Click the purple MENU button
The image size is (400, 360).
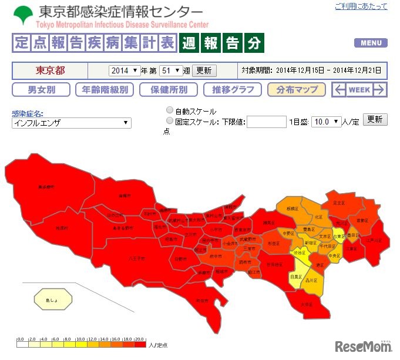point(371,43)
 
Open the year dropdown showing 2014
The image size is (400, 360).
point(124,70)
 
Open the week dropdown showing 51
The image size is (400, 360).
point(172,70)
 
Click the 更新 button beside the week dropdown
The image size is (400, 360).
point(204,70)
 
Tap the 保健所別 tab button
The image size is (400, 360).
point(169,90)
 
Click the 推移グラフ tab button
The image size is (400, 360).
point(233,90)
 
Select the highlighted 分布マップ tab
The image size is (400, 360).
point(296,90)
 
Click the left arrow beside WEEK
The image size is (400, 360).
point(340,90)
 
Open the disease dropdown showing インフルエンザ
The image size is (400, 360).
point(71,123)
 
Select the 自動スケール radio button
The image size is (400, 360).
point(170,110)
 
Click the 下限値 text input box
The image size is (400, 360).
point(266,122)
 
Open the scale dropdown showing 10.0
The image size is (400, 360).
point(327,122)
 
